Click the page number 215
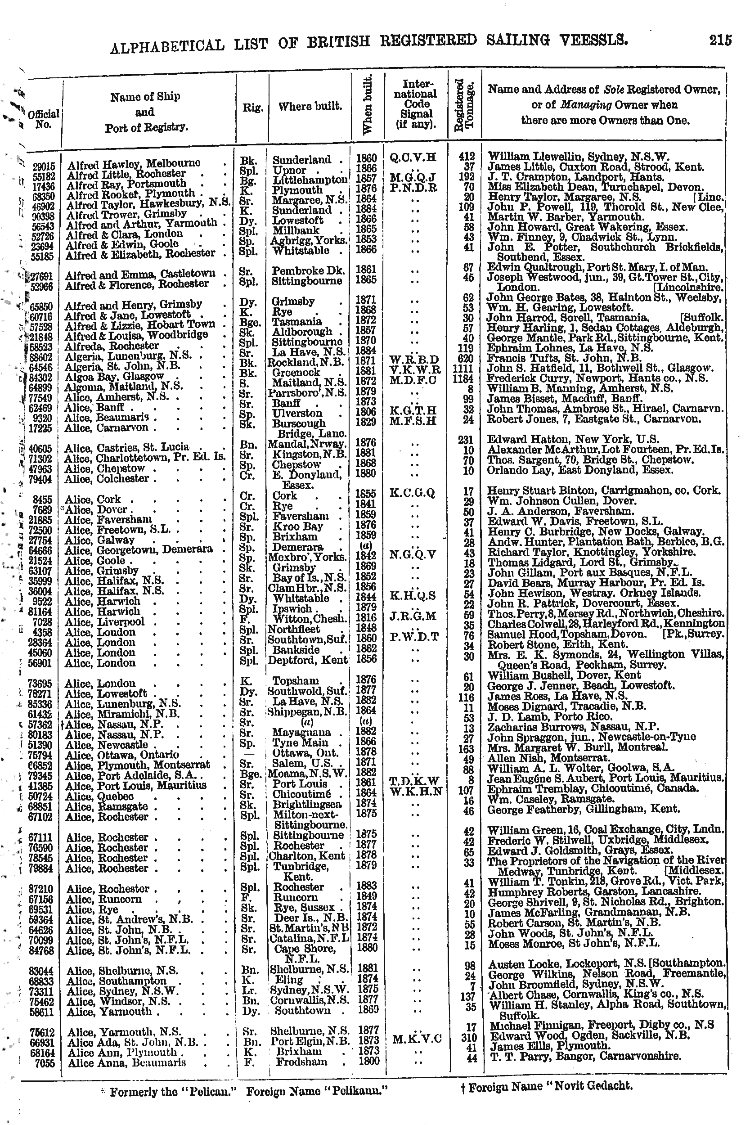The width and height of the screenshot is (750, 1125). (720, 40)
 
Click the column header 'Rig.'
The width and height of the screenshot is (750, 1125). (251, 107)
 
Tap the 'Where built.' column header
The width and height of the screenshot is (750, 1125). (310, 106)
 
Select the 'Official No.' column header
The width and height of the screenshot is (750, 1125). (43, 119)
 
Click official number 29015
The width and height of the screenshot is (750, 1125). (44, 167)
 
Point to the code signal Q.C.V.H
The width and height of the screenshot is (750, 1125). (413, 157)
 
